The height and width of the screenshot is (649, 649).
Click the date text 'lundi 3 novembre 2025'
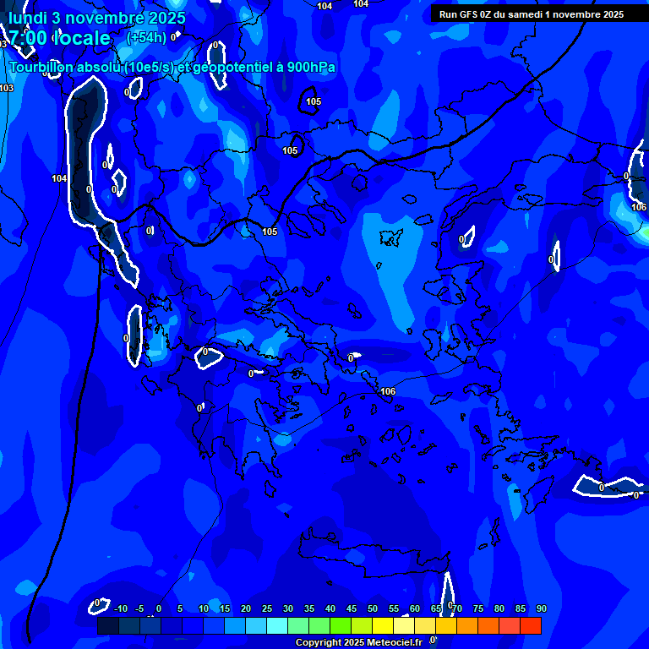(97, 18)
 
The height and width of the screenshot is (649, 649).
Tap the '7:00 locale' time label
(59, 38)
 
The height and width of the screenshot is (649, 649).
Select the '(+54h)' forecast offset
(146, 37)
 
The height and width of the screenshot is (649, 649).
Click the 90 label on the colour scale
(542, 608)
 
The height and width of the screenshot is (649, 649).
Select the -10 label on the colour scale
(120, 608)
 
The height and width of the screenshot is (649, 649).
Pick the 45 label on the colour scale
(352, 608)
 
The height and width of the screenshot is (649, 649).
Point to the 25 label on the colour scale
(267, 608)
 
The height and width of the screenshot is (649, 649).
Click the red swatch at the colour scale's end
(531, 625)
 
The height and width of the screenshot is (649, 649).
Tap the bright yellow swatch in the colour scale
(383, 625)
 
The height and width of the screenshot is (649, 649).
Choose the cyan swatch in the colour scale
(277, 625)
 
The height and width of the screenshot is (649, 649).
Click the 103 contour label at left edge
(7, 88)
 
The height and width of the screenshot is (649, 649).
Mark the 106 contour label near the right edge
(639, 207)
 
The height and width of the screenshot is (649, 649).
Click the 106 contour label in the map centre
(388, 391)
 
